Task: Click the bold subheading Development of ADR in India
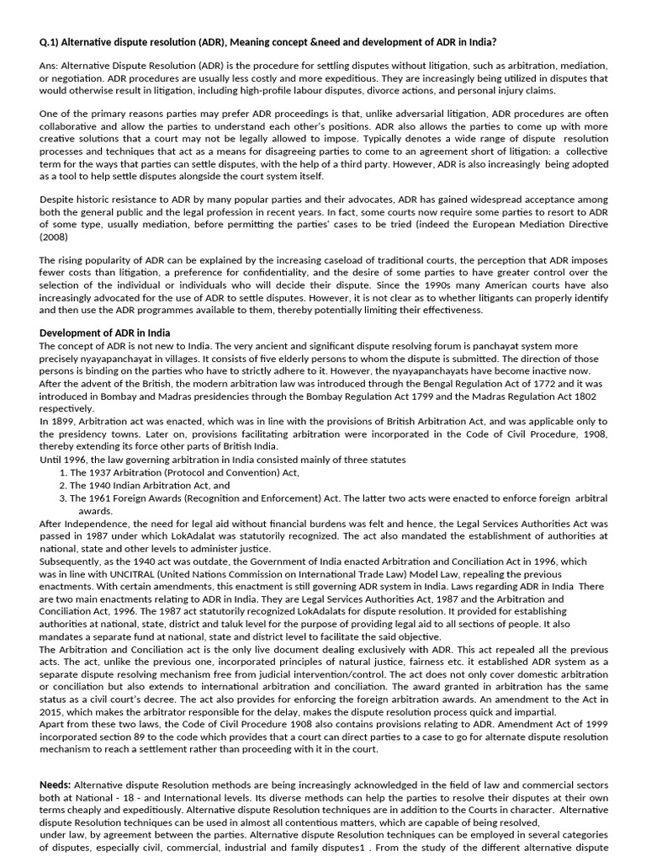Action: pos(105,333)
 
